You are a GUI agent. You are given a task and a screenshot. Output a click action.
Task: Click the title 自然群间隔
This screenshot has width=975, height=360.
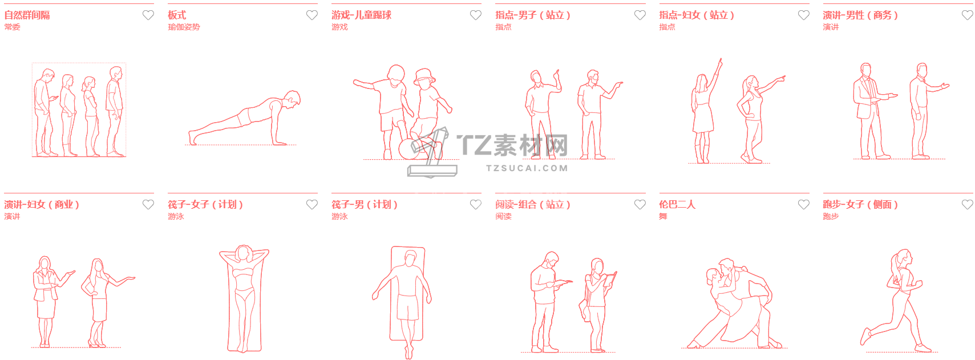point(27,15)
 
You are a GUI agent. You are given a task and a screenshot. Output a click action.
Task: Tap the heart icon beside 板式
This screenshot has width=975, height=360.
point(311,15)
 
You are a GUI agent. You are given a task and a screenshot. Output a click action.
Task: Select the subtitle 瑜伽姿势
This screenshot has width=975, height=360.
point(184,27)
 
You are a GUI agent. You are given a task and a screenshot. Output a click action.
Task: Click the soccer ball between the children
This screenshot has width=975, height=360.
point(408,149)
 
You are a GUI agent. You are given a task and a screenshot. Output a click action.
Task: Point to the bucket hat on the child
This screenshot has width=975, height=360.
point(425,75)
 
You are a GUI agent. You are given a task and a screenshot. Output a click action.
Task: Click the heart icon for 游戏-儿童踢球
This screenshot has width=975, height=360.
point(475,15)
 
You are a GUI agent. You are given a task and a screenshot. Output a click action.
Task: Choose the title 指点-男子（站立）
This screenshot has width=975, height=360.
point(533,15)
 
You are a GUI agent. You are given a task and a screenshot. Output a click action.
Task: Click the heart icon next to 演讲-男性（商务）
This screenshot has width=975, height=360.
point(967,15)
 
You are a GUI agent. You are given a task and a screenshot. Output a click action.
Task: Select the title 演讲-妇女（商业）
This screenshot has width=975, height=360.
point(42,205)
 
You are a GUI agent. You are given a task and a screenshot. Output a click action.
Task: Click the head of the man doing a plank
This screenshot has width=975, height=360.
point(293,99)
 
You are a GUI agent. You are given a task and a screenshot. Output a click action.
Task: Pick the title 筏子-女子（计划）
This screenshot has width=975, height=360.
point(205,205)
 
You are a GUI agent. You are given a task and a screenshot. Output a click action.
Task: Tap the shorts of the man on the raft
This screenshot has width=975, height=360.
point(407,308)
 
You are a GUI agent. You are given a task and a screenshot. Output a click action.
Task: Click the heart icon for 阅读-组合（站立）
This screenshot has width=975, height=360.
point(640,205)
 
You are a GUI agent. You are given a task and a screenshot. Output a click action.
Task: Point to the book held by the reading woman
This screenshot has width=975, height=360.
point(610,279)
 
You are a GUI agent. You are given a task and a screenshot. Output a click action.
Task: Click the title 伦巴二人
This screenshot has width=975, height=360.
point(677,205)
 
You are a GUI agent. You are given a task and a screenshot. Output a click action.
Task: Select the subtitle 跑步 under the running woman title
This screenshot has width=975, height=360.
point(831,216)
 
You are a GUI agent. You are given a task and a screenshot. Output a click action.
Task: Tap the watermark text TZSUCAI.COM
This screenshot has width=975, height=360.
point(527,168)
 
